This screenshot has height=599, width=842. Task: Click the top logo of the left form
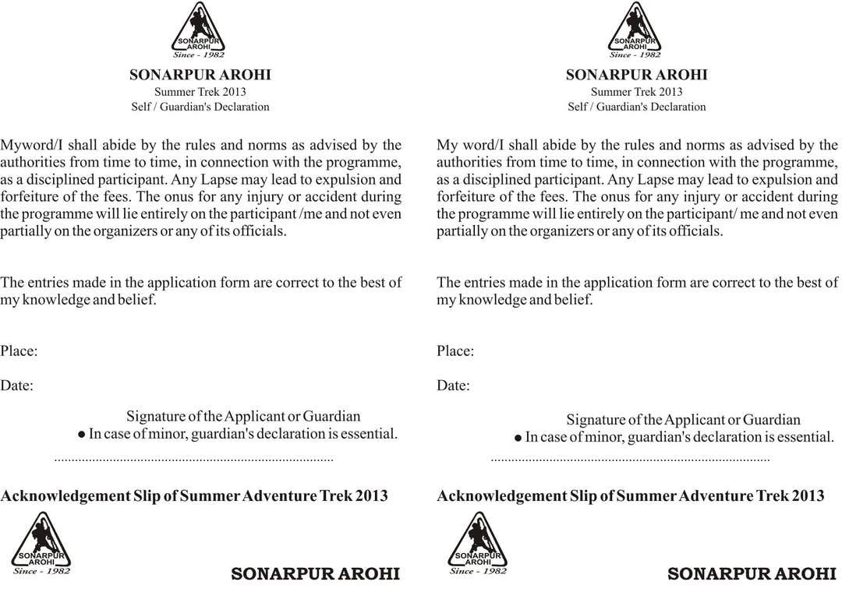coord(198,27)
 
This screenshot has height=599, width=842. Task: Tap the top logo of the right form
coord(635,27)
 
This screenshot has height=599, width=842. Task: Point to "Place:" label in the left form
coord(19,351)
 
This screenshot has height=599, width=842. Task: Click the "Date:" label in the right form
coord(453,386)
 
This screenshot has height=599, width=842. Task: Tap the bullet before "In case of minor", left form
coord(81,435)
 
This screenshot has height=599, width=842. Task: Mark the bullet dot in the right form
coord(518,439)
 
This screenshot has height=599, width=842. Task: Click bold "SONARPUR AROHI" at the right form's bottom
coord(752,574)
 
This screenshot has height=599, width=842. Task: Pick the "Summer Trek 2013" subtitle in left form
coord(200,92)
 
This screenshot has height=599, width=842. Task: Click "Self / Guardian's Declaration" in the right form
coord(636,107)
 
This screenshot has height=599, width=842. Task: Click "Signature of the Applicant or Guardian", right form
coord(683,420)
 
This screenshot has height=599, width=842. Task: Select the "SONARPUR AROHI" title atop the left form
coord(200,76)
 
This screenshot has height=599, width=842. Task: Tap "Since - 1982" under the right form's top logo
coord(635,55)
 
